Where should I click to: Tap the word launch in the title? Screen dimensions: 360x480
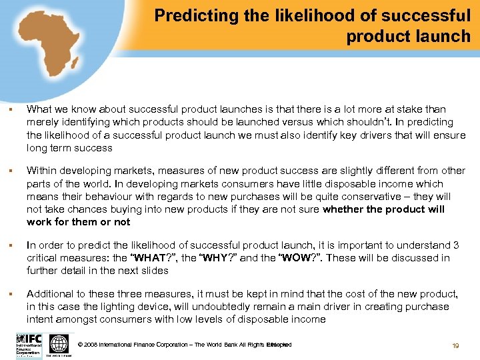[443, 36]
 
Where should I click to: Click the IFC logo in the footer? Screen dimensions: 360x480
[28, 345]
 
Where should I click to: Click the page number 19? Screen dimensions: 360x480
[455, 345]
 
